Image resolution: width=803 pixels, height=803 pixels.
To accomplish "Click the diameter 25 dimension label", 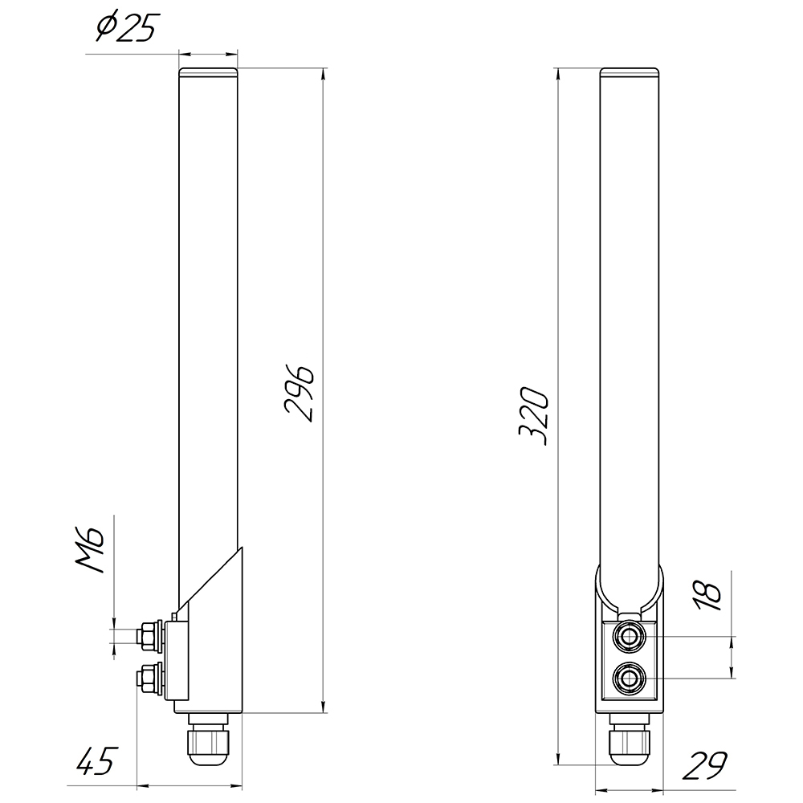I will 124,29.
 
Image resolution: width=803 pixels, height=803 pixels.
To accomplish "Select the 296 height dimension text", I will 300,393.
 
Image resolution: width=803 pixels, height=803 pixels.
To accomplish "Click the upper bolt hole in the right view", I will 628,638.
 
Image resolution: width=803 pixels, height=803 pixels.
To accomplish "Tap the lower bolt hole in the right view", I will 628,682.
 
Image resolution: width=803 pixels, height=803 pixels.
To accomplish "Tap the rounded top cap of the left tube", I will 208,73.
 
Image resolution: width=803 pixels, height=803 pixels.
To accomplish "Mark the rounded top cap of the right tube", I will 630,73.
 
